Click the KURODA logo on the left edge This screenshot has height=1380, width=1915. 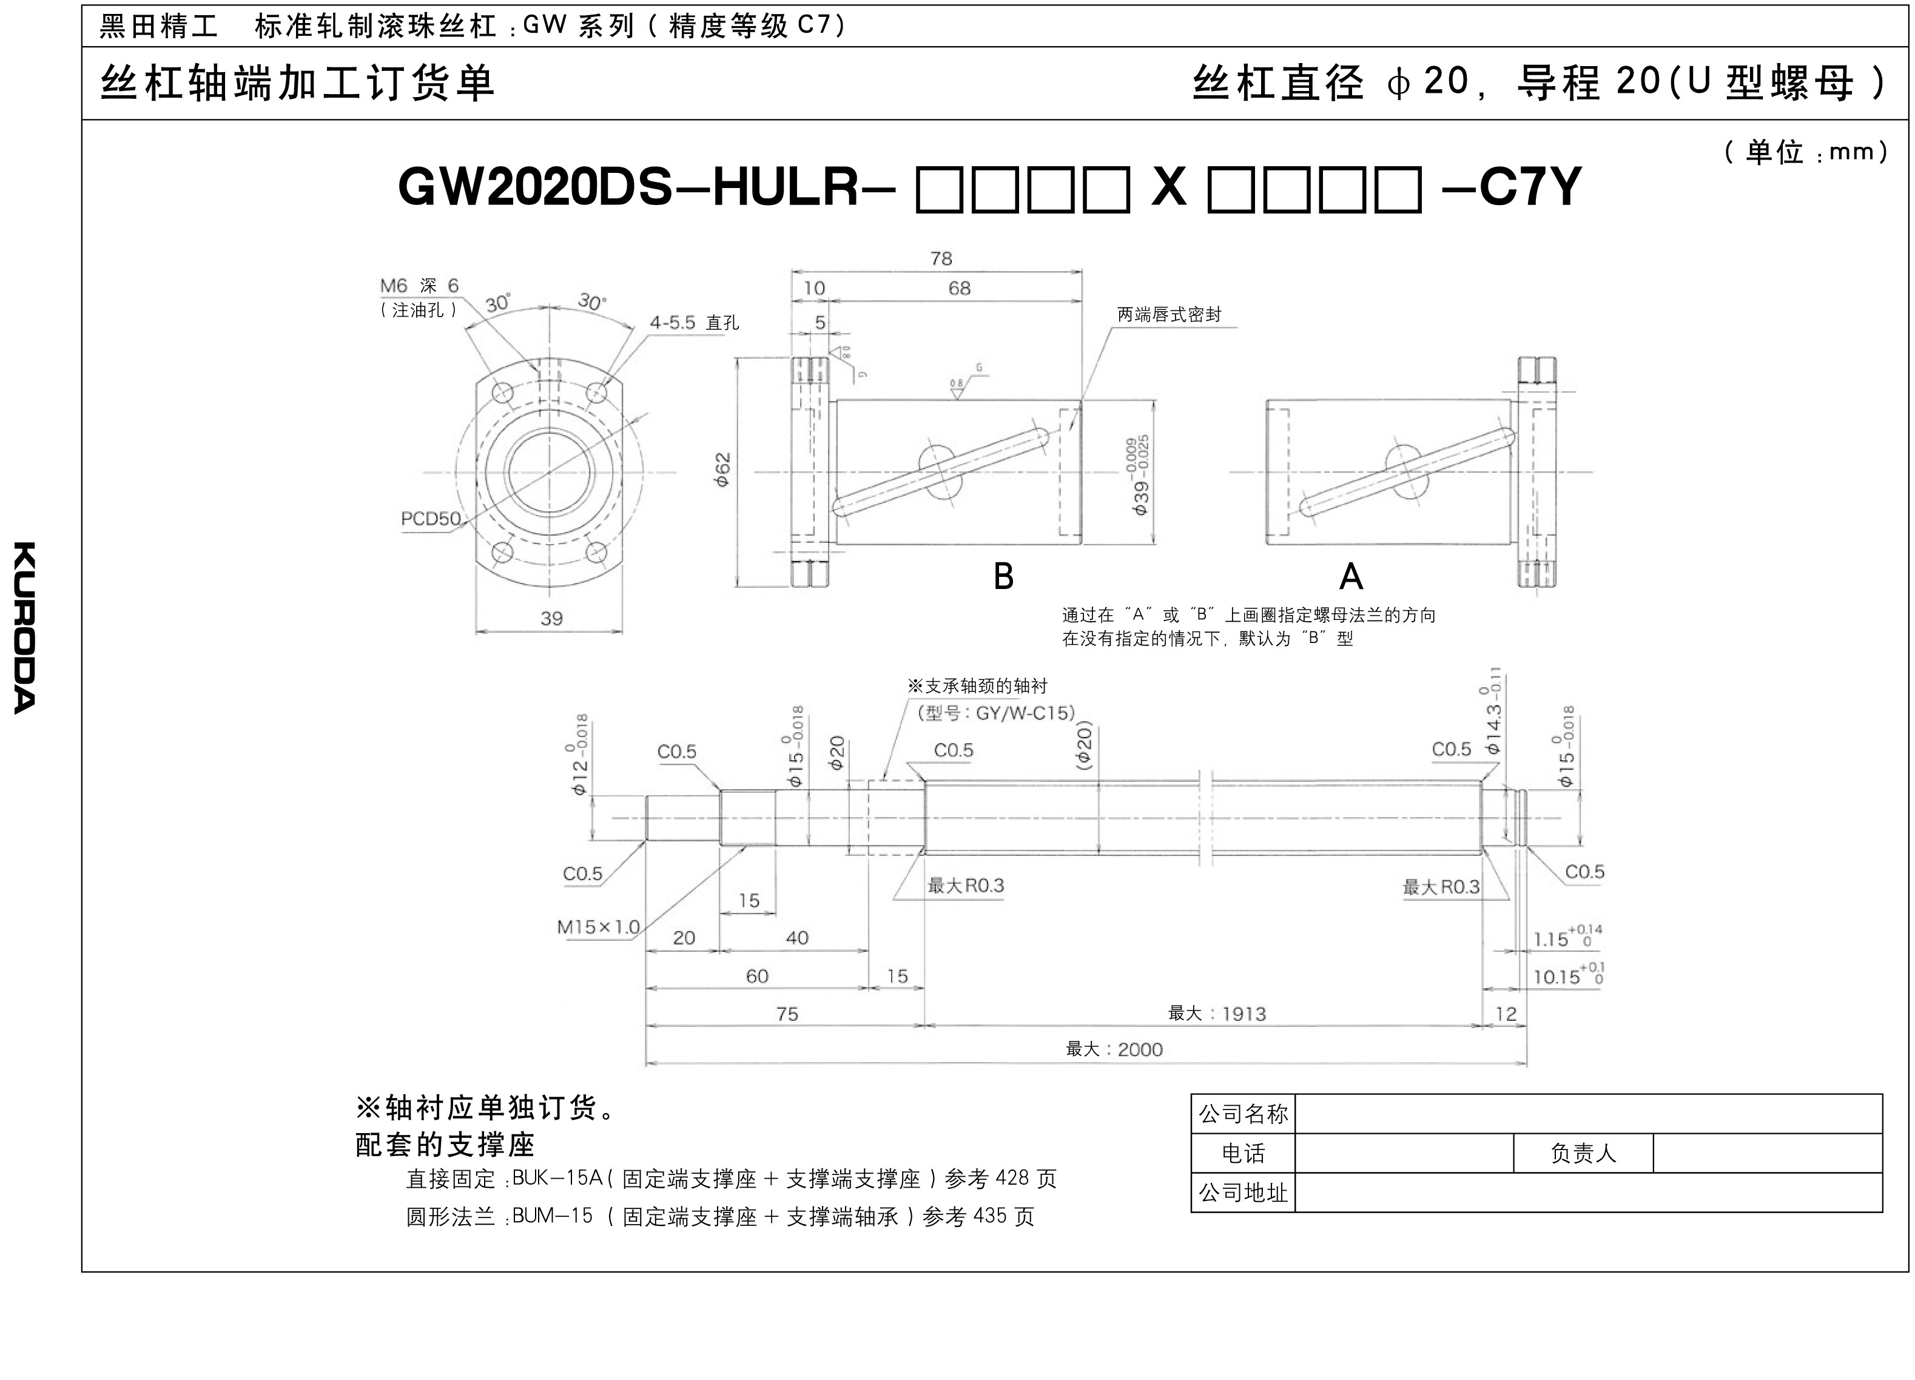[x=24, y=627]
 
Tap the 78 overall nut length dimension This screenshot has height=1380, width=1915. [x=941, y=258]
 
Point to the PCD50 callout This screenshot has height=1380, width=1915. [x=431, y=519]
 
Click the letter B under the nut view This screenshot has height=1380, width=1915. [x=1003, y=576]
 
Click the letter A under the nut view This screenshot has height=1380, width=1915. [x=1351, y=576]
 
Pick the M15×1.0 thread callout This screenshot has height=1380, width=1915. [x=598, y=926]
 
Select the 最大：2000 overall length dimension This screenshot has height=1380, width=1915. [x=1114, y=1049]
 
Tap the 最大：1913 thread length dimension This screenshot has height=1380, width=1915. [x=1217, y=1014]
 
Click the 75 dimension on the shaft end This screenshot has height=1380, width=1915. [x=787, y=1014]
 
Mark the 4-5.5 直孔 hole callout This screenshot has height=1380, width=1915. [x=694, y=323]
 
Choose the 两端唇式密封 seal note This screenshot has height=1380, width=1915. [x=1170, y=315]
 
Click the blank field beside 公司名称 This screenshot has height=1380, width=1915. [x=1588, y=1114]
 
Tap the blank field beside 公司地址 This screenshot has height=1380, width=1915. [x=1588, y=1193]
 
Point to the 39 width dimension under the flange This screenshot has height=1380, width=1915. [x=551, y=618]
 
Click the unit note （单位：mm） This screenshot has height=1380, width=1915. [x=1805, y=152]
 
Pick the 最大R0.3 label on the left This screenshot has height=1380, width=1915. [x=966, y=885]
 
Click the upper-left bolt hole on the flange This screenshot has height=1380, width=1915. [x=502, y=392]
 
